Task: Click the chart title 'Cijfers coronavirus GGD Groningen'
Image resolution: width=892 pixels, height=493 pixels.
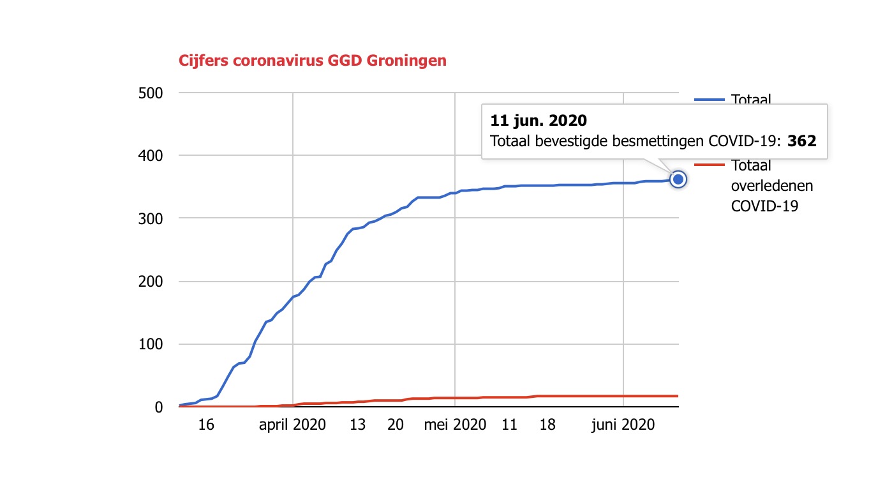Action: coord(313,61)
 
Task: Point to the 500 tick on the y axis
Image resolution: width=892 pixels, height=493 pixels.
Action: coord(151,93)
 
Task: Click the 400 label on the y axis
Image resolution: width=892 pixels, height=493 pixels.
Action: coord(151,156)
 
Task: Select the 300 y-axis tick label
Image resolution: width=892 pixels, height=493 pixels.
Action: coord(151,218)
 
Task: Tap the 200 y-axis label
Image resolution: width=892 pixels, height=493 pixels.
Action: coord(151,282)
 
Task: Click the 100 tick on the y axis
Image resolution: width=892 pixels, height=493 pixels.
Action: coord(151,344)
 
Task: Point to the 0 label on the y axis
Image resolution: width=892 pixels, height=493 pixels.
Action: coord(159,407)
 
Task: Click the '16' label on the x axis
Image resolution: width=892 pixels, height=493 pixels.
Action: coord(205,425)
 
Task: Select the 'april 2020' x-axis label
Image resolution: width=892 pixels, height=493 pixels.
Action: coord(292,425)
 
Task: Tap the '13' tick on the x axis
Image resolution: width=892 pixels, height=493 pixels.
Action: coord(358,425)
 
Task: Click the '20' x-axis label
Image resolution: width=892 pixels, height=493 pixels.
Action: coord(396,425)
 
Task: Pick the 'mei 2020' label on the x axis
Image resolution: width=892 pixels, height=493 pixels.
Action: coord(455,425)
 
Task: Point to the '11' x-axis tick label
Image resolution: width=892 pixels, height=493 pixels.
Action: coord(509,425)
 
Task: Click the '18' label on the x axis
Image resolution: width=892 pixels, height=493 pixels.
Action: coord(547,425)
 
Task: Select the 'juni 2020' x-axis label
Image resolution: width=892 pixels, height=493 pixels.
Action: coord(623,425)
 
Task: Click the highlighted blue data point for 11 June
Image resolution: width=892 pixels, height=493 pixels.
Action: coord(678,179)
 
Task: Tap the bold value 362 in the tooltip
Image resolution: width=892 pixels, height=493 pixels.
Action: coord(802,141)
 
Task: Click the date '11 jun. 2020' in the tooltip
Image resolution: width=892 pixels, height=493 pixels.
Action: coord(538,120)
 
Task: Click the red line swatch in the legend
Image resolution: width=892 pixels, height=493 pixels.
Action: coord(710,165)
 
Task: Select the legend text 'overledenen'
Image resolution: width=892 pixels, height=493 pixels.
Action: coord(771,186)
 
